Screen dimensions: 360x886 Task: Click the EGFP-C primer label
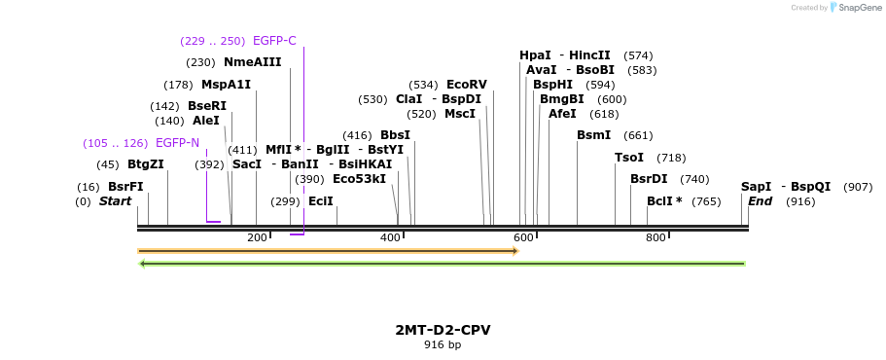[x=274, y=41]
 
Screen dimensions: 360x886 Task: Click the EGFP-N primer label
[x=177, y=143]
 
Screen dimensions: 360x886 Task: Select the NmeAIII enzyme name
[x=252, y=62]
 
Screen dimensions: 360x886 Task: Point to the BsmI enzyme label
[x=593, y=135]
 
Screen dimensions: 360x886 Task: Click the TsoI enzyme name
[x=629, y=158]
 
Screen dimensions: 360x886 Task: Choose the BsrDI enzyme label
[x=649, y=179]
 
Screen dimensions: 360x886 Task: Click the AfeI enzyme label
[x=562, y=114]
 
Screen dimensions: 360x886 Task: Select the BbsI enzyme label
[x=395, y=135]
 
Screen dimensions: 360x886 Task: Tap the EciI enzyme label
[x=320, y=201]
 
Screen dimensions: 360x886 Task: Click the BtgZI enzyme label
[x=145, y=164]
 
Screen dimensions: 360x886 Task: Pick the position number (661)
[x=638, y=135]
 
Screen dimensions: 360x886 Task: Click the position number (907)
[x=858, y=187]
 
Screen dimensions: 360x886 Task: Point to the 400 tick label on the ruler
[x=389, y=238]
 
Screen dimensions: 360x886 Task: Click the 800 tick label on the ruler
[x=656, y=238]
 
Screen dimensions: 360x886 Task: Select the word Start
[x=115, y=201]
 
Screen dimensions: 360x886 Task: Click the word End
[x=760, y=201]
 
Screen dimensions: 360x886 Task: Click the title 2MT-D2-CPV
[x=443, y=330]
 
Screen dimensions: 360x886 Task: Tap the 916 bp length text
[x=443, y=344]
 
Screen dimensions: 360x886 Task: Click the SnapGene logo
[x=852, y=8]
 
